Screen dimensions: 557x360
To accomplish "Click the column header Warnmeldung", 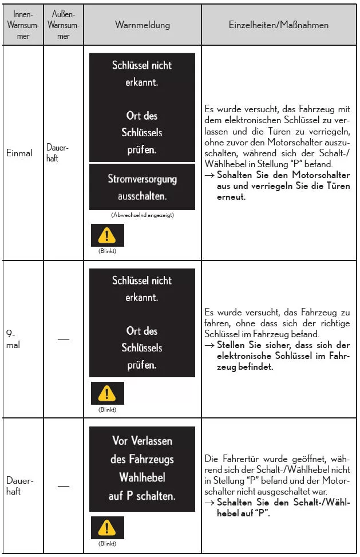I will (143, 25).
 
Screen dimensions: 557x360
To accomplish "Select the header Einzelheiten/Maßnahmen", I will (279, 25).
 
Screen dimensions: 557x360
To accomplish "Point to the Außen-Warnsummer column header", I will (64, 26).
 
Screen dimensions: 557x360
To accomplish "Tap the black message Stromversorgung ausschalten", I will (143, 187).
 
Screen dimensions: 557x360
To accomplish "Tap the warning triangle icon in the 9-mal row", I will (106, 393).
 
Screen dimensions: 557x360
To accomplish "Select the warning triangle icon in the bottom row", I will (106, 528).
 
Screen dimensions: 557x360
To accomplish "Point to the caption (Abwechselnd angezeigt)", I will (143, 215).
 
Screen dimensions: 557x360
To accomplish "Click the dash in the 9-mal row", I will (64, 340).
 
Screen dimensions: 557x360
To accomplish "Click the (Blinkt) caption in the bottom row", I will (106, 544).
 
